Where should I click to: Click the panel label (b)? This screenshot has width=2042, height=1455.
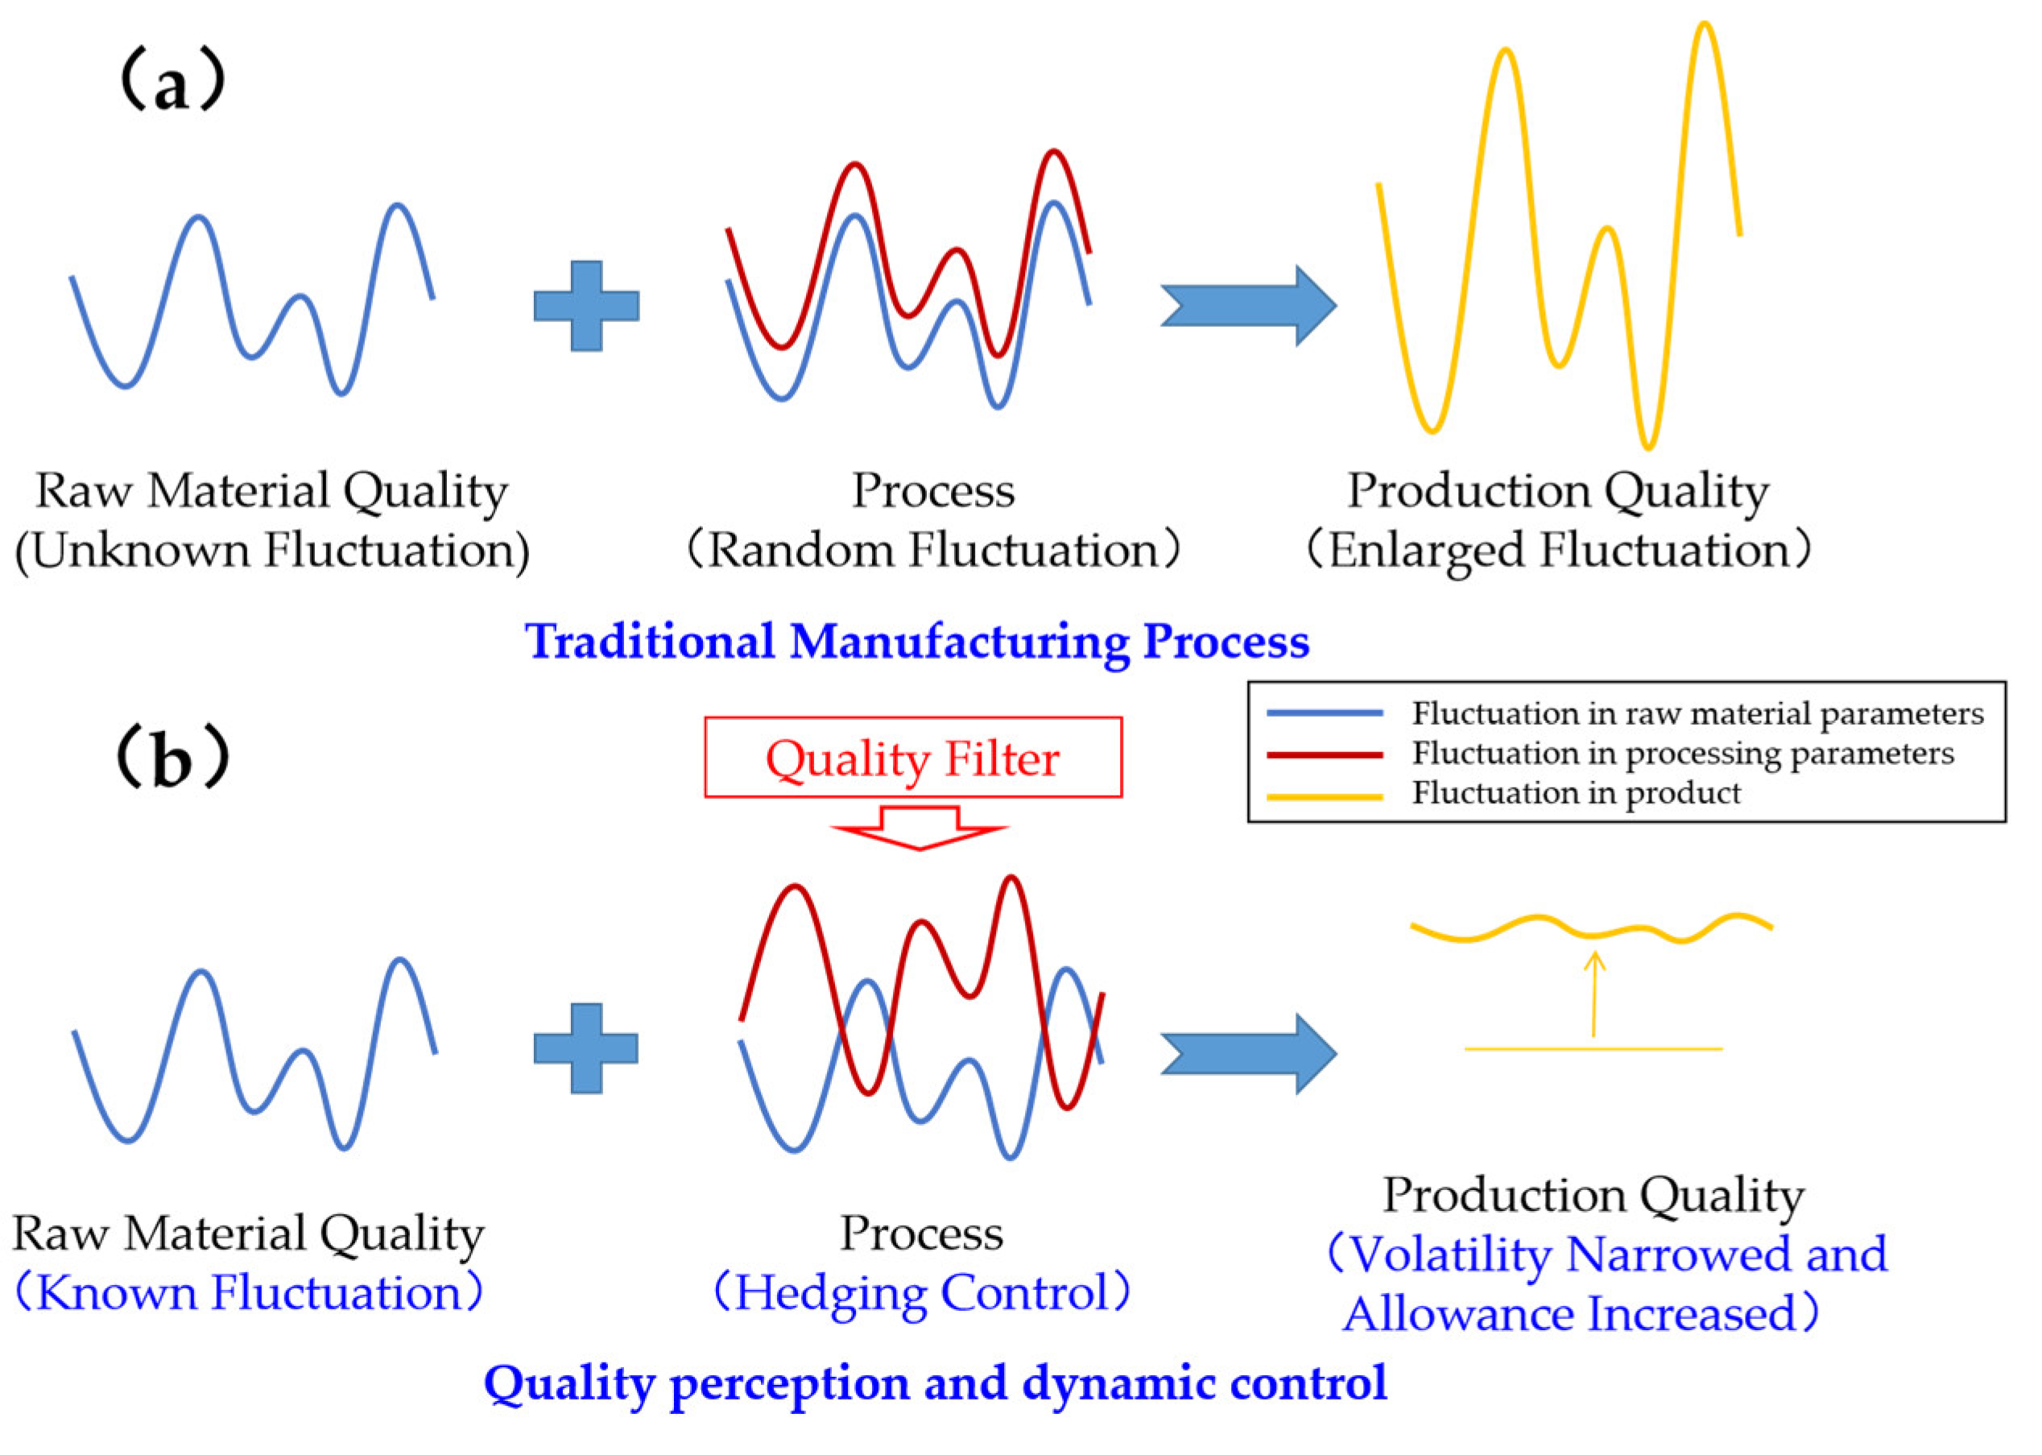173,757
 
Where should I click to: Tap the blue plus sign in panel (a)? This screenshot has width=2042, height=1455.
586,305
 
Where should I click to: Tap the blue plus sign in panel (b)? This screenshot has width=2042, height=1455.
586,1048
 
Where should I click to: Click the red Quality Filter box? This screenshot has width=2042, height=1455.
912,757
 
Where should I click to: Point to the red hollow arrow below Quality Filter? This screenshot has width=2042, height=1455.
920,829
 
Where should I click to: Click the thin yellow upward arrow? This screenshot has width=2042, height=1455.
1594,994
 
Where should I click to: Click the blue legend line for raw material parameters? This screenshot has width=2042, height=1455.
1325,714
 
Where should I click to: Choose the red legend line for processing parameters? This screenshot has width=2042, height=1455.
1325,754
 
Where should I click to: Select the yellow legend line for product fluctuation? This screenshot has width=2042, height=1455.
1325,796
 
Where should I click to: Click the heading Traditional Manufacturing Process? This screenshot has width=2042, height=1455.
916,642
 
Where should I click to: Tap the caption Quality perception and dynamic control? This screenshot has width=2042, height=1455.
935,1383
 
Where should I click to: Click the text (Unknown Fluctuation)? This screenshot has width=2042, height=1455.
272,550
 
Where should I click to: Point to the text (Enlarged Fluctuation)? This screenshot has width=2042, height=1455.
1557,550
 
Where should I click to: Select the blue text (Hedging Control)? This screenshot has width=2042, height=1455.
921,1293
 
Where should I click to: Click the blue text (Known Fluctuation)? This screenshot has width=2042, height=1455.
249,1293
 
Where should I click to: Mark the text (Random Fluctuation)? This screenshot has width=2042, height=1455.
932,550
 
